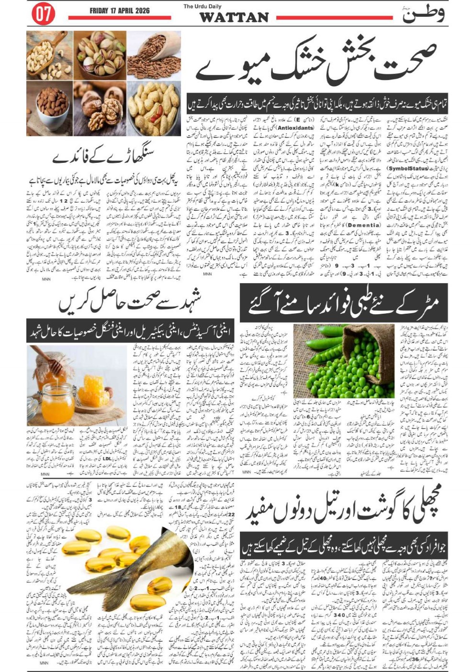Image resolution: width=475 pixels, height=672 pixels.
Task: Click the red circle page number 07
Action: pyautogui.click(x=43, y=14)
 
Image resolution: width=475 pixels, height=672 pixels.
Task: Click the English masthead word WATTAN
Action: pyautogui.click(x=234, y=18)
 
